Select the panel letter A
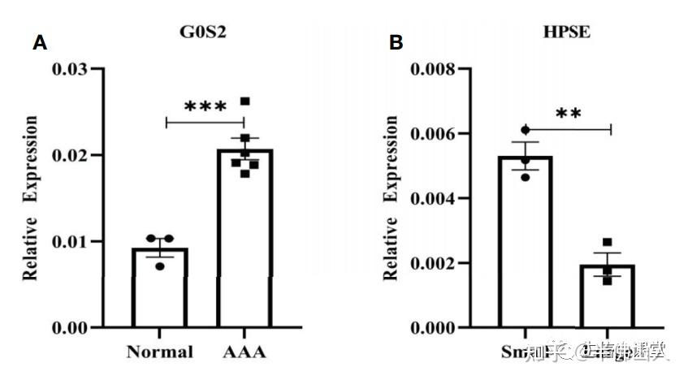[x=39, y=43]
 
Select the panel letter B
[x=396, y=43]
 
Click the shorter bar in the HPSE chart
[x=608, y=296]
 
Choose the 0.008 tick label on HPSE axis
[x=435, y=69]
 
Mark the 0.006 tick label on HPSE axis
[x=435, y=133]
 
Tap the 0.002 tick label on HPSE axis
[x=435, y=263]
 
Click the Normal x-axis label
[x=160, y=352]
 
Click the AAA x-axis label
[x=244, y=352]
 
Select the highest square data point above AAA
[x=244, y=101]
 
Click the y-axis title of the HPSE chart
[x=391, y=198]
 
